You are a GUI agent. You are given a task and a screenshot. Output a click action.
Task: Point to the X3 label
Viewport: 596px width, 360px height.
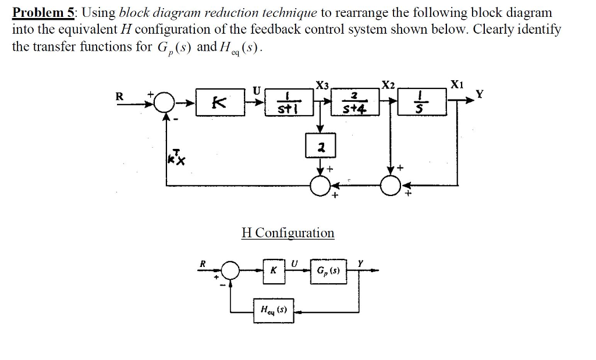point(322,85)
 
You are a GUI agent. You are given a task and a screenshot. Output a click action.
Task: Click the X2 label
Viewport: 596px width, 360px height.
point(388,84)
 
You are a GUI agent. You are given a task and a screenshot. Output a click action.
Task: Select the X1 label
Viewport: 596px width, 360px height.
point(458,84)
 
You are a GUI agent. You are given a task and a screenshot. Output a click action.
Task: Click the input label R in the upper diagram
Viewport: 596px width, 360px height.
point(120,96)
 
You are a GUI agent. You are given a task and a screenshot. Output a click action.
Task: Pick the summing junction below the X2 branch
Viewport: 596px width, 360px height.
point(389,186)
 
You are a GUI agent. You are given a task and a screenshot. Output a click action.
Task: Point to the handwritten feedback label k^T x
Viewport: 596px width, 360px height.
point(175,156)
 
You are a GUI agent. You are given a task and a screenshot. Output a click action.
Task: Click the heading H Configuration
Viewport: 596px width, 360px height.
point(288,233)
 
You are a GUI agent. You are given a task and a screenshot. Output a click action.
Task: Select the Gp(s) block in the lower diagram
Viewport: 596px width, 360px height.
point(329,270)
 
